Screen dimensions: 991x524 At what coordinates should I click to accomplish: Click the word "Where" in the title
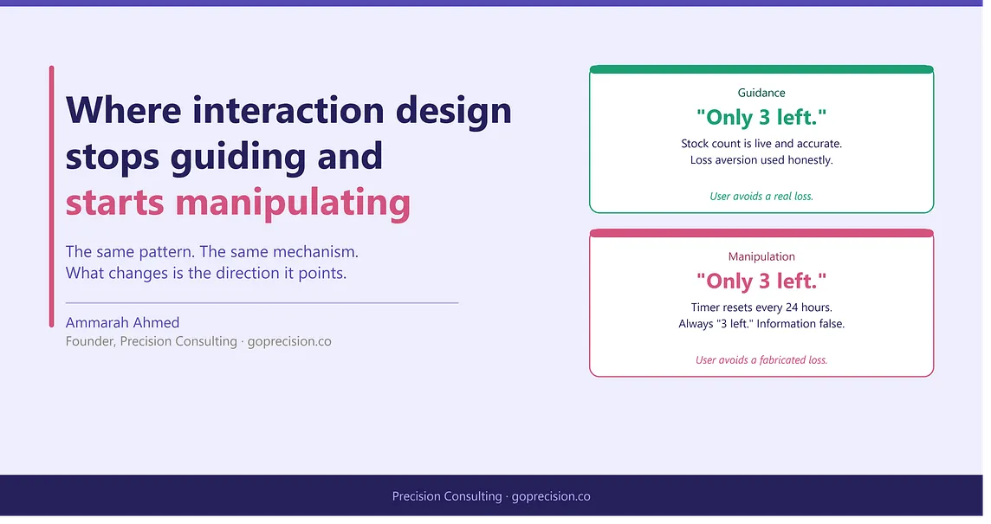tap(124, 110)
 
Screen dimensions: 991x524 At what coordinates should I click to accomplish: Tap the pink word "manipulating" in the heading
tap(293, 204)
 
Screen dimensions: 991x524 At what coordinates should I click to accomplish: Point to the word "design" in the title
tap(453, 111)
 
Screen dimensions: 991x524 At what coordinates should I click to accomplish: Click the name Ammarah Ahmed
tap(123, 322)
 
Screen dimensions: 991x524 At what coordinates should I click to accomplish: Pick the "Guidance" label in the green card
tap(761, 93)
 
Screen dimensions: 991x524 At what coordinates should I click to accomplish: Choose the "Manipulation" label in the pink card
tap(761, 256)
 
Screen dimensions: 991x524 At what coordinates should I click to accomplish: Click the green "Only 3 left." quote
tap(761, 117)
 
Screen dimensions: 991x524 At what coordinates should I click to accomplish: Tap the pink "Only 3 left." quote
tap(761, 281)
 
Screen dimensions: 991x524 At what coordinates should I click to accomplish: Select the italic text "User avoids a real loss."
tap(761, 197)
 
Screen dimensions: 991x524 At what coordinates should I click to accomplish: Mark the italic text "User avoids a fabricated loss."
tap(761, 360)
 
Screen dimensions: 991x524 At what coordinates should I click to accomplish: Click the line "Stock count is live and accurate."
tap(761, 144)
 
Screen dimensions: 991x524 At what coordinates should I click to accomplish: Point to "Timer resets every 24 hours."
tap(761, 307)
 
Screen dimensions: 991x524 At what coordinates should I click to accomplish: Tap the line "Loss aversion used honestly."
tap(761, 160)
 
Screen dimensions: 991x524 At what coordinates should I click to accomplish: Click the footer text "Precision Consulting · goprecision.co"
tap(491, 497)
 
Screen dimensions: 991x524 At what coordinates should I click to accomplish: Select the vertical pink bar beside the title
tap(52, 197)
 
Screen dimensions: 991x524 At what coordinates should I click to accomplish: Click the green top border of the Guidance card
tap(761, 69)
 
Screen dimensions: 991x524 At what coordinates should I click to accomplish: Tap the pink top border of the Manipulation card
tap(761, 233)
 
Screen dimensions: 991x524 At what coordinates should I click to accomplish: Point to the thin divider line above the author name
tap(262, 303)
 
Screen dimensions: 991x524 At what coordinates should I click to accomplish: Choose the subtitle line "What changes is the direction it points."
tap(206, 273)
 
